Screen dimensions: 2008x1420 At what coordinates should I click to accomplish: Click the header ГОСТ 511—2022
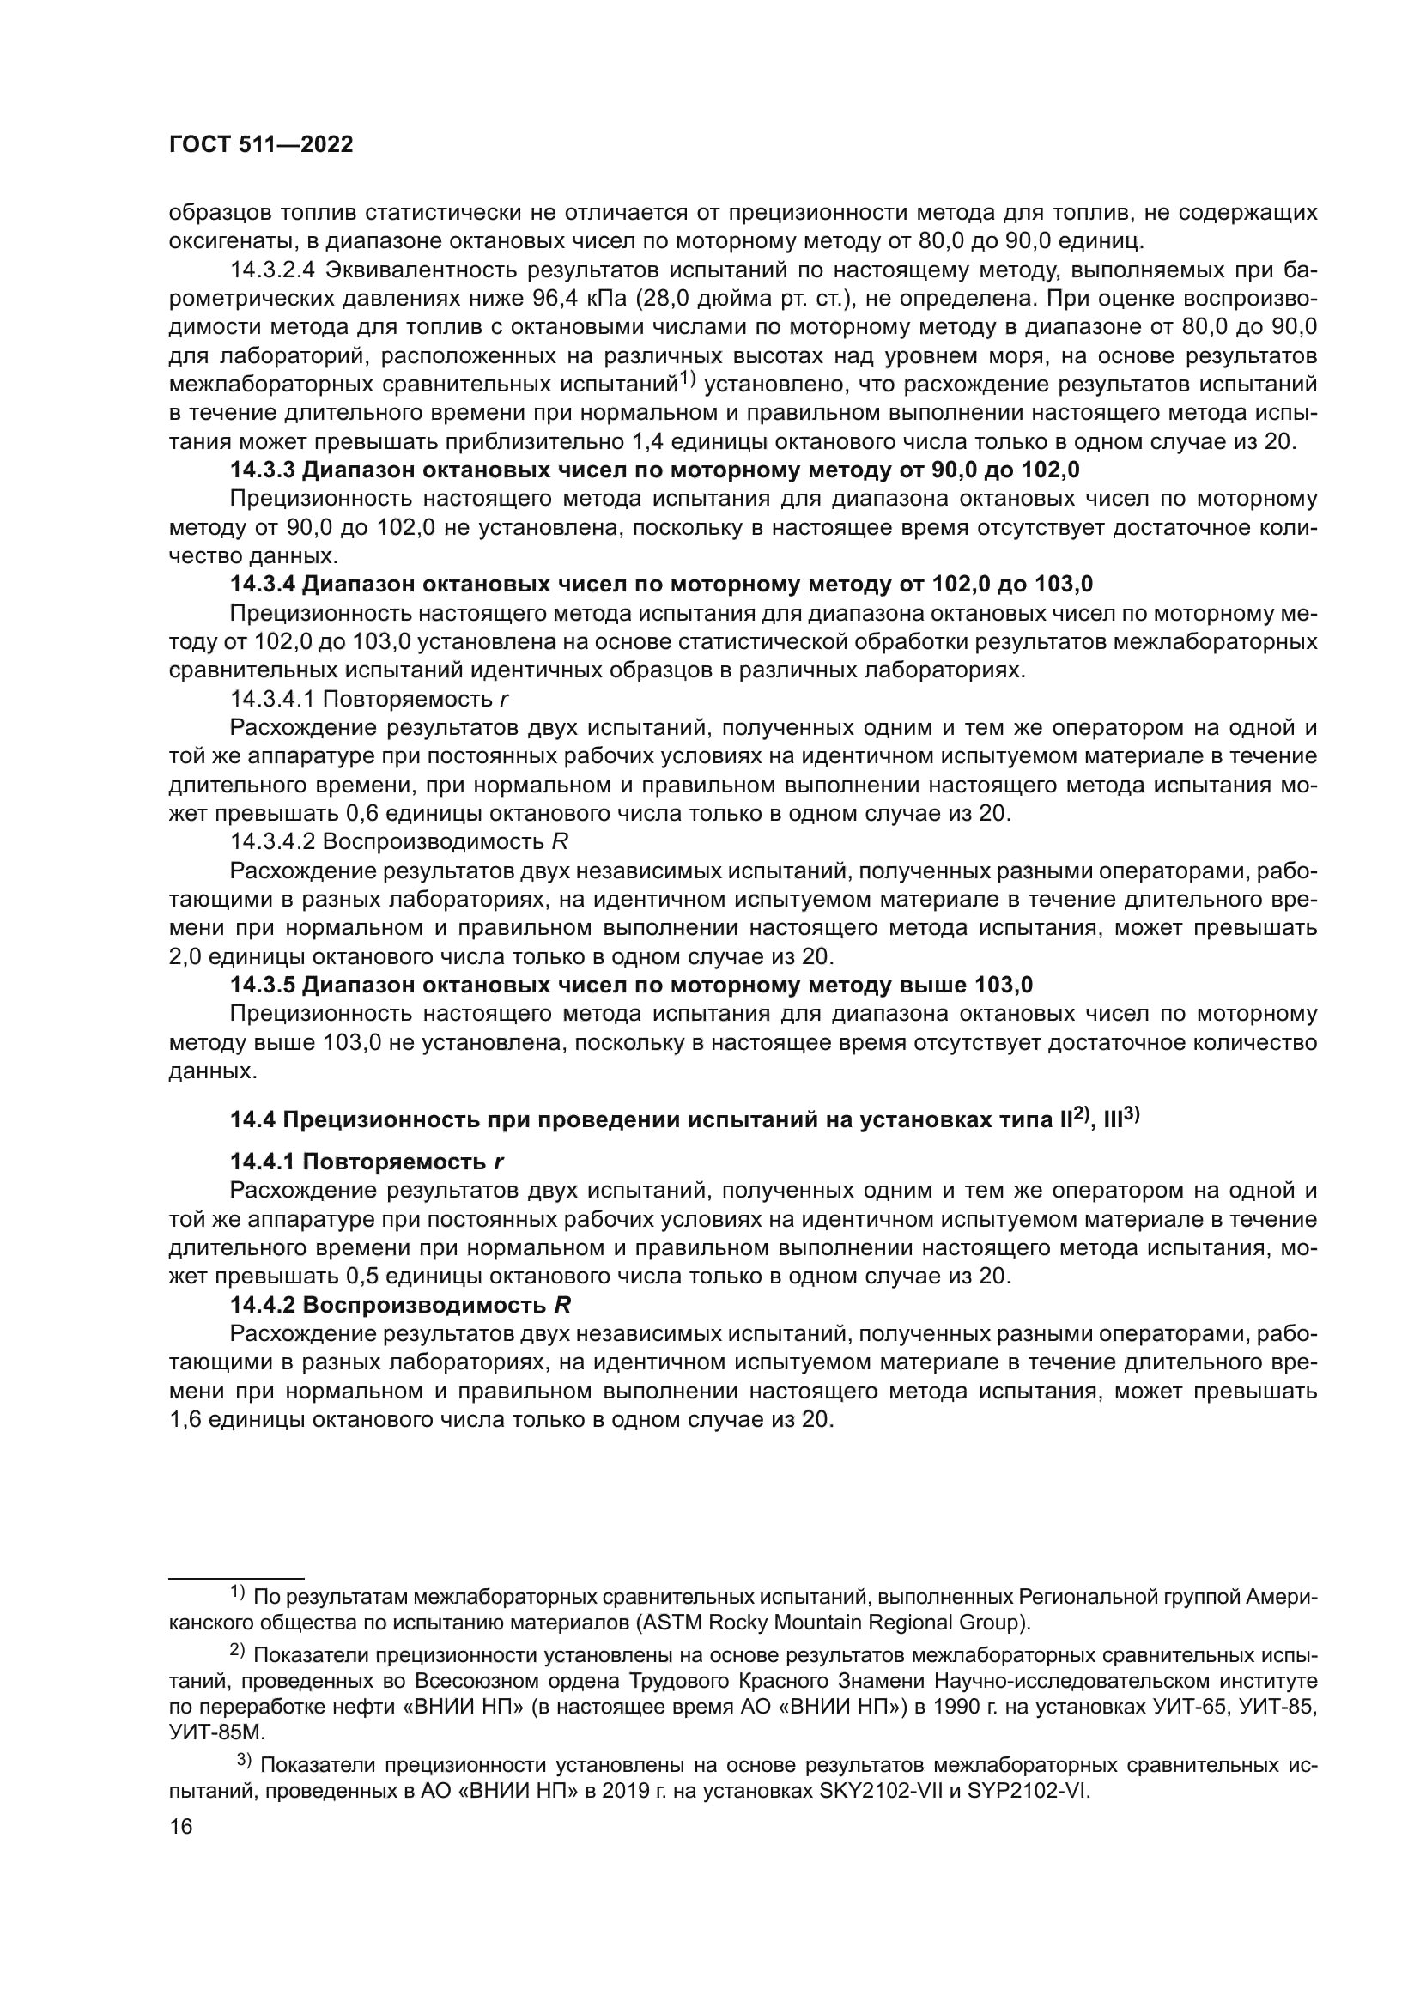(x=261, y=145)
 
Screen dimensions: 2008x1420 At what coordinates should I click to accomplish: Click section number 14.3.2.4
(x=273, y=270)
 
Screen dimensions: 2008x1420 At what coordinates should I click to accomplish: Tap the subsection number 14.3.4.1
(x=273, y=699)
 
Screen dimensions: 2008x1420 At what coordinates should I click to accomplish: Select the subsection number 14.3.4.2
(x=273, y=841)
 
